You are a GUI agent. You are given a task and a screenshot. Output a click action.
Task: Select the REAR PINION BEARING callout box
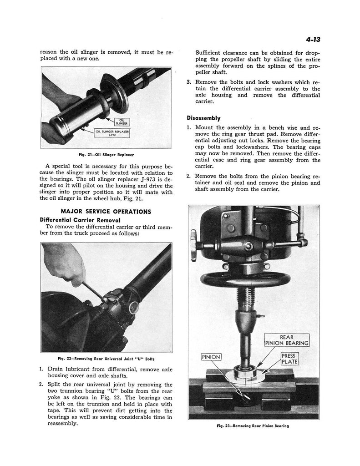pos(287,340)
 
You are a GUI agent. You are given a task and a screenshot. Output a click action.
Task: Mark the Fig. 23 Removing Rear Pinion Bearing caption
pos(253,426)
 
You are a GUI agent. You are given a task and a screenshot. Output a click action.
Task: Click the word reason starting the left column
pos(49,52)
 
